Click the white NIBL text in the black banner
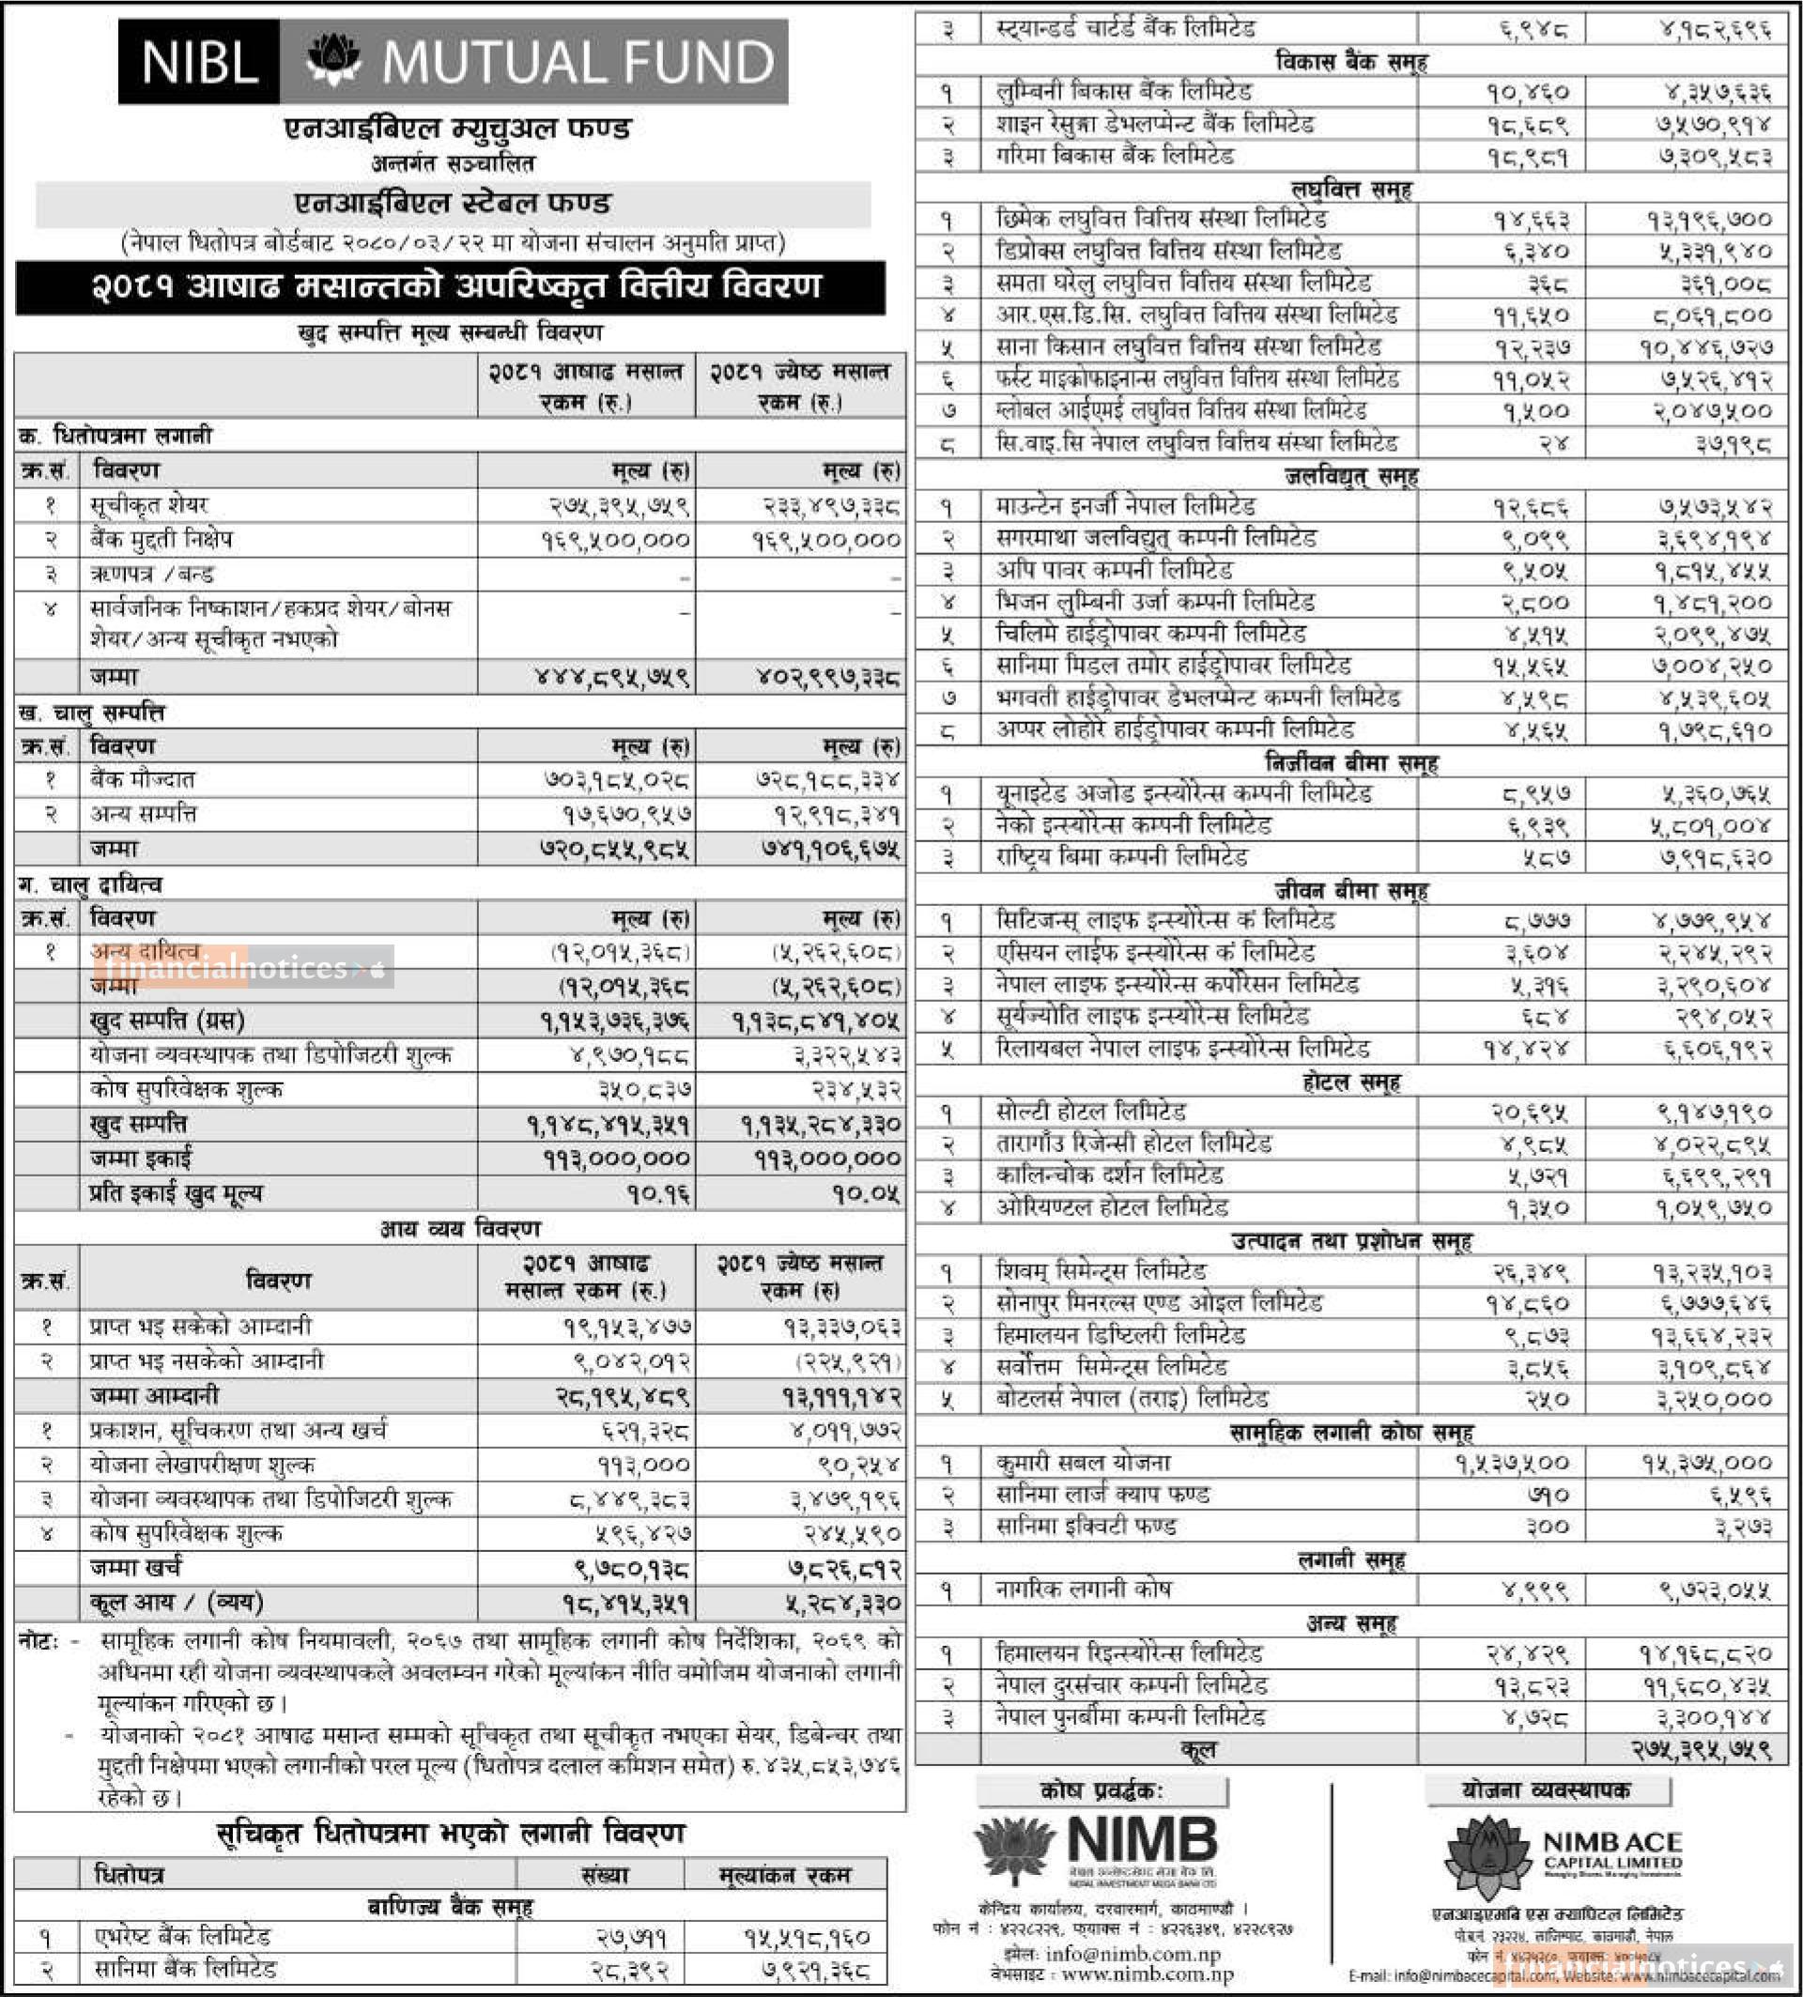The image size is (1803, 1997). [199, 61]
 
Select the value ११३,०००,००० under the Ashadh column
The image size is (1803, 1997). [615, 1159]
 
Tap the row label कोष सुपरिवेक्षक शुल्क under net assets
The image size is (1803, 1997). [185, 1090]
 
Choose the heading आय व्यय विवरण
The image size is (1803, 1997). [459, 1229]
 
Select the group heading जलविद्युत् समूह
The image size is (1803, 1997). [1351, 476]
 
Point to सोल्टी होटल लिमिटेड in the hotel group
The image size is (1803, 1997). [1090, 1112]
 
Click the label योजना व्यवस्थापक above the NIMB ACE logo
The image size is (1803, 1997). [1546, 1790]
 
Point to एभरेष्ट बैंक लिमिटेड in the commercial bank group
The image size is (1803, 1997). [182, 1937]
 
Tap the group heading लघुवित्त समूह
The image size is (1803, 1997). [1351, 188]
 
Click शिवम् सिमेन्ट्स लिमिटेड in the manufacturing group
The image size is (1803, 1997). [1101, 1271]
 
